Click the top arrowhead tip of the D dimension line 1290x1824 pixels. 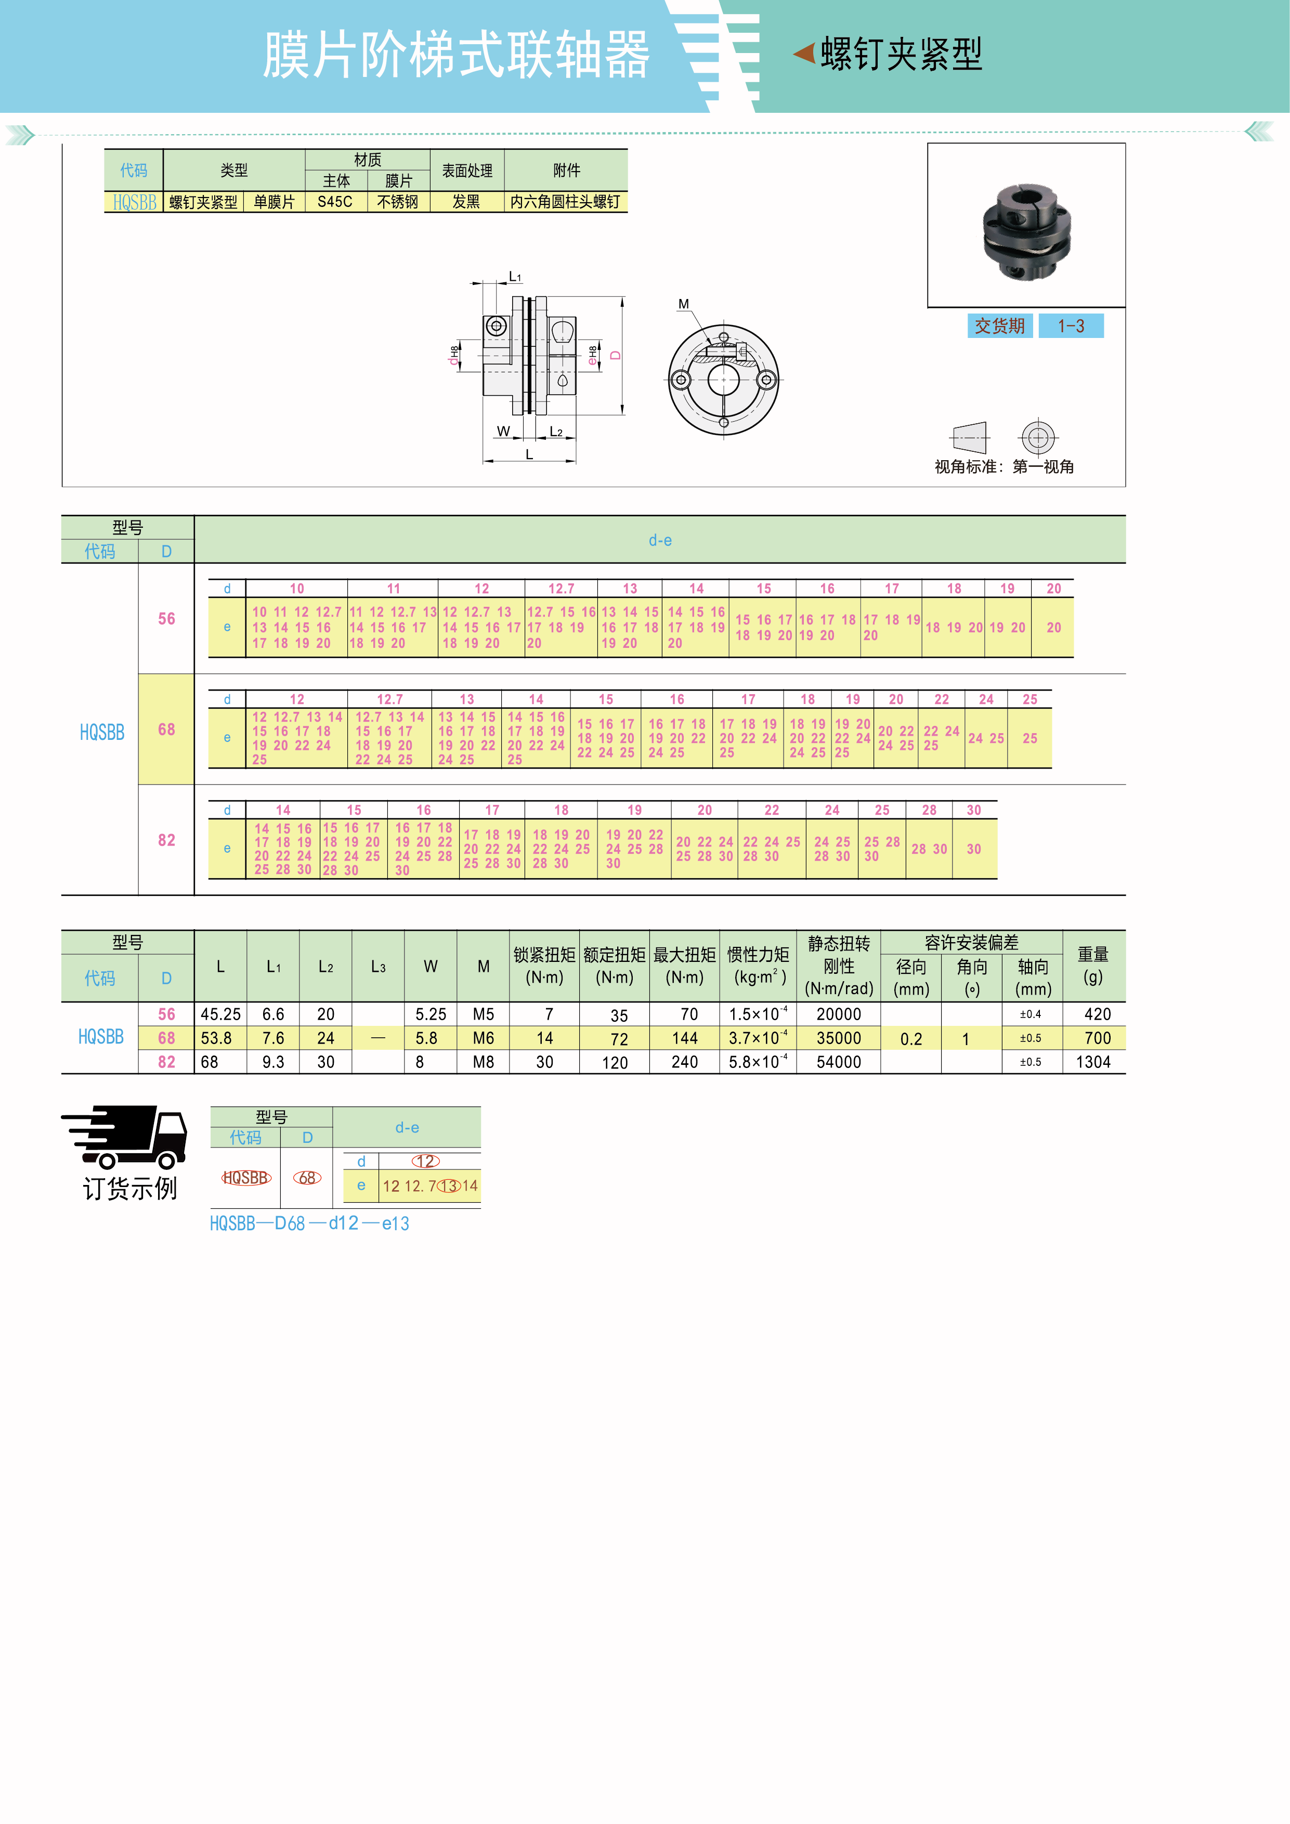[622, 298]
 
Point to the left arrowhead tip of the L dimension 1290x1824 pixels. [483, 460]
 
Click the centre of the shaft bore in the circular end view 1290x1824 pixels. [724, 380]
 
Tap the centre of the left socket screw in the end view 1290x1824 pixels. [681, 380]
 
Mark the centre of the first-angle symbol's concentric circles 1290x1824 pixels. [1037, 437]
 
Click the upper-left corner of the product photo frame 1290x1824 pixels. [928, 144]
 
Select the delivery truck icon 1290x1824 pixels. [125, 1136]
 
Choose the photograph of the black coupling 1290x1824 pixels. [1026, 231]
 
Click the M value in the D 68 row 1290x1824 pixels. [483, 1038]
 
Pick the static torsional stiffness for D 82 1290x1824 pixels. [839, 1062]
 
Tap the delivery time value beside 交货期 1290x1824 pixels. [1071, 325]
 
